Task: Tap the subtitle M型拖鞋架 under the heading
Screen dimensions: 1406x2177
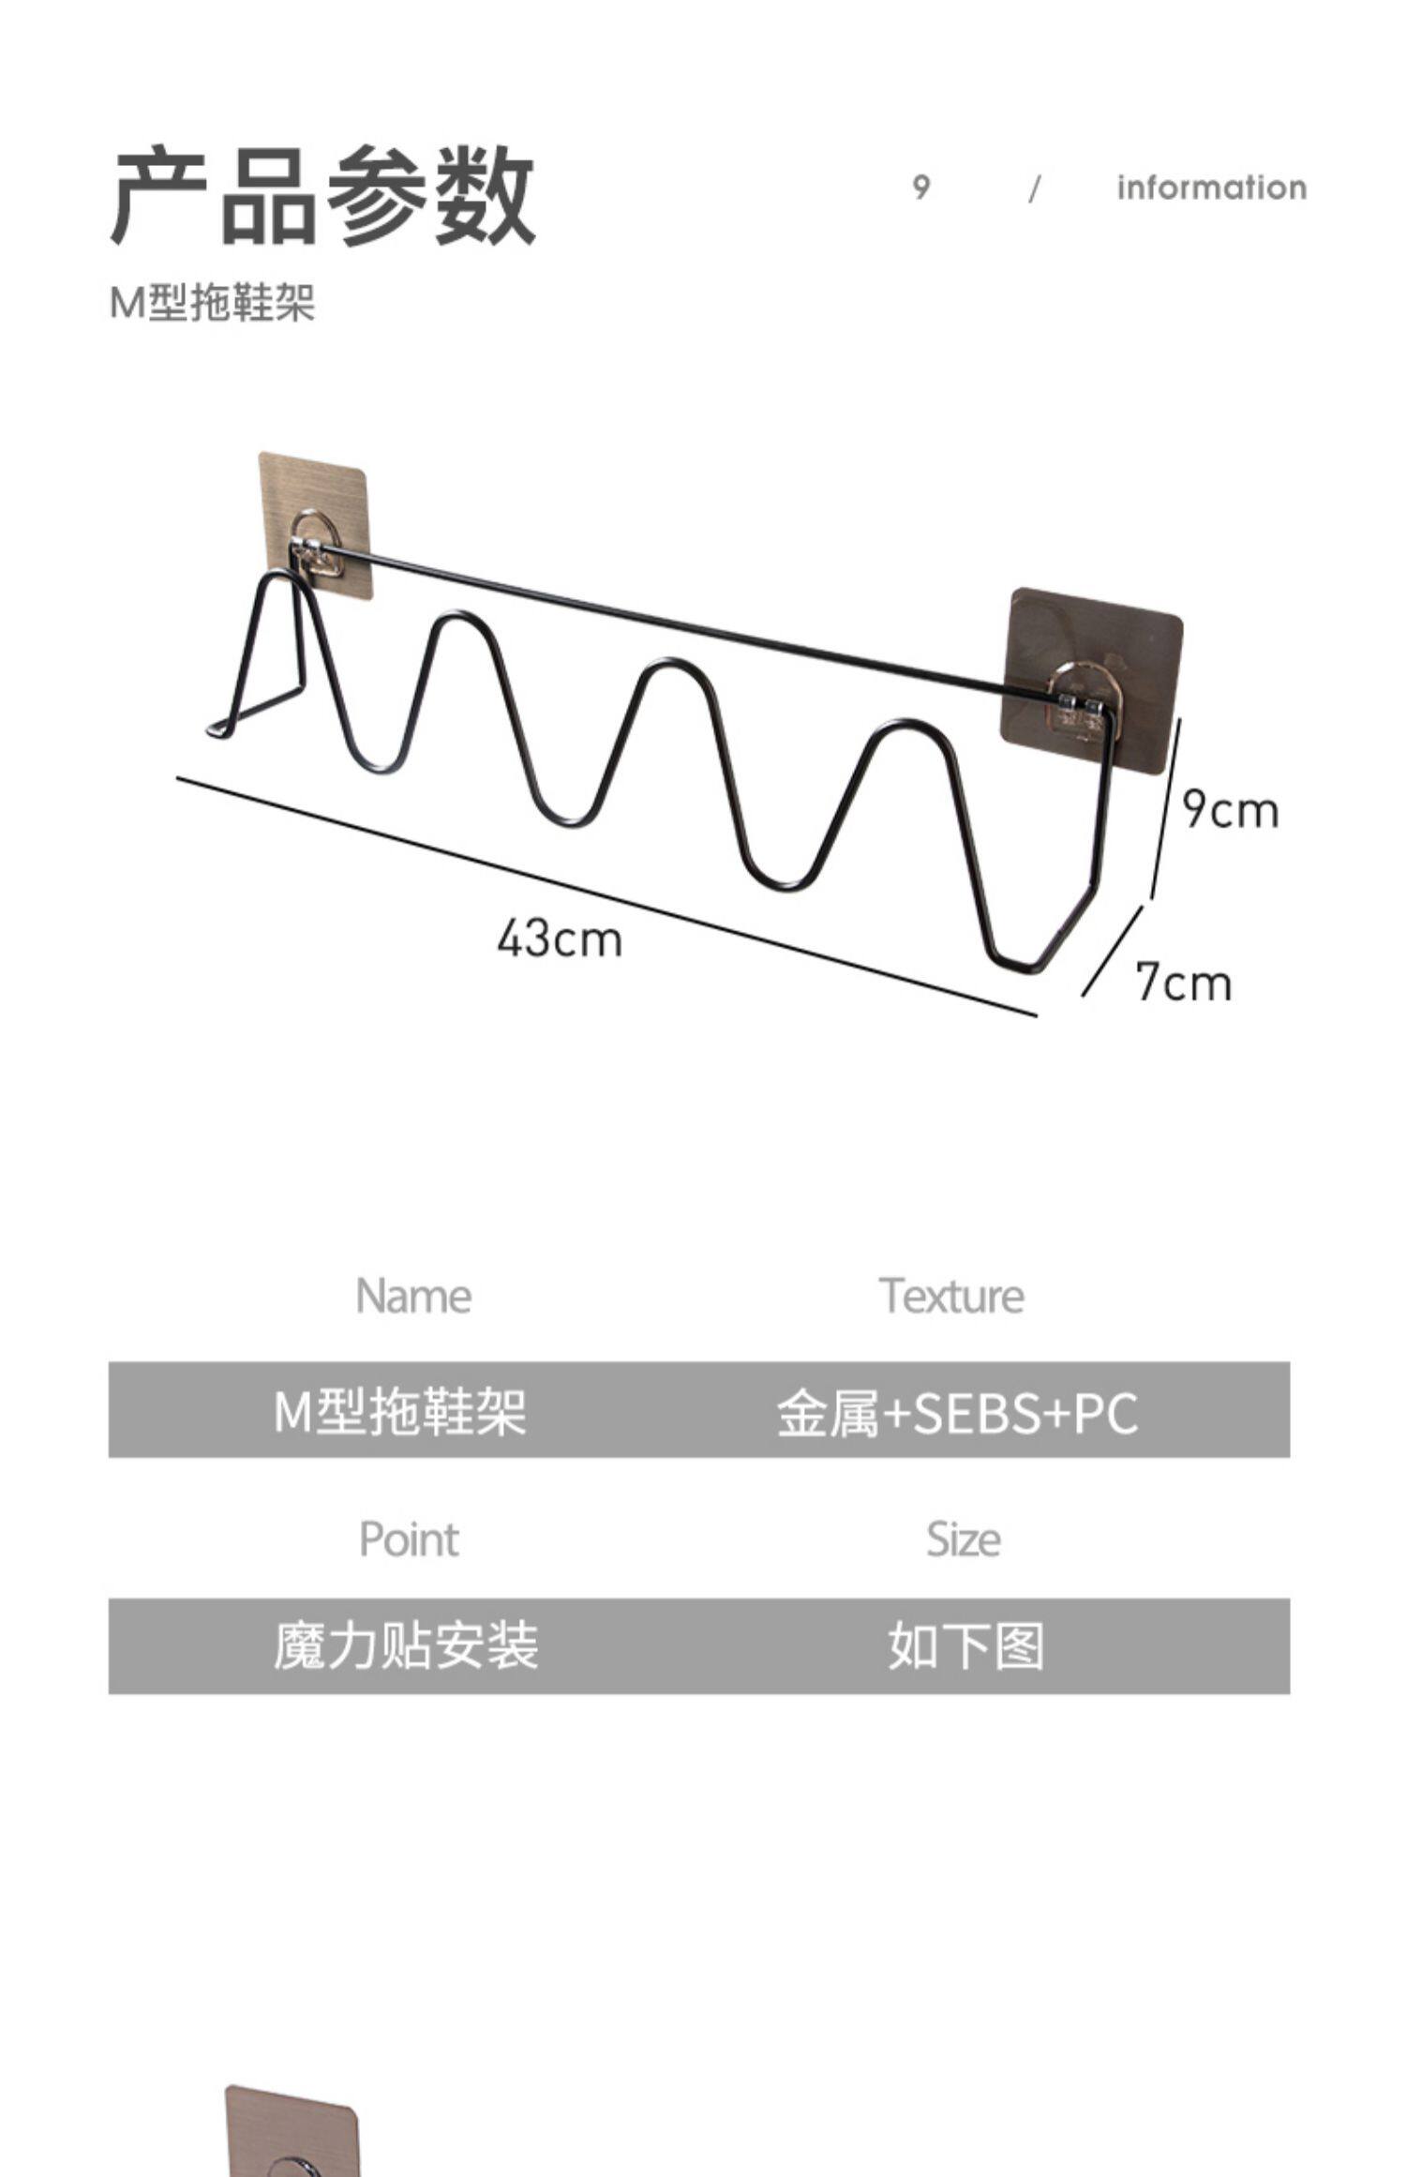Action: click(x=213, y=303)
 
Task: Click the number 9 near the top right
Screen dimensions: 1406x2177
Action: click(x=921, y=188)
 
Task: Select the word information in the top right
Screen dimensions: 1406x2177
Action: click(x=1211, y=188)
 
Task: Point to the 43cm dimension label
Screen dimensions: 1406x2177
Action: click(x=560, y=938)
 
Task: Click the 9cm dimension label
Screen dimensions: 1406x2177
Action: click(x=1230, y=810)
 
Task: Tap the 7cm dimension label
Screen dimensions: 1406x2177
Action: click(x=1183, y=983)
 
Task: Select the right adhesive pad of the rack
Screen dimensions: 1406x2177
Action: click(x=1092, y=647)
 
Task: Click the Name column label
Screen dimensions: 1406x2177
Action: click(x=413, y=1297)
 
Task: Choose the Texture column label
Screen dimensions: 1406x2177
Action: click(x=951, y=1297)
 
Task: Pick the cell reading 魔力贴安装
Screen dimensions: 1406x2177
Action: click(x=406, y=1647)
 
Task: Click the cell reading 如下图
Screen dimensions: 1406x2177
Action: click(x=965, y=1647)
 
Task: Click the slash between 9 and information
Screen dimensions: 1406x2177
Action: click(x=1035, y=189)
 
